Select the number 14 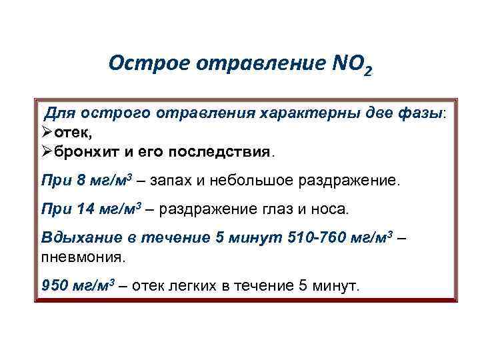pos(85,209)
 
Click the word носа pos(328,209)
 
